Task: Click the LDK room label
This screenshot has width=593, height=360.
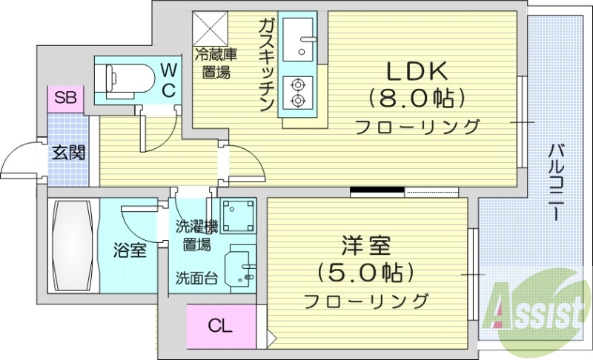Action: (415, 71)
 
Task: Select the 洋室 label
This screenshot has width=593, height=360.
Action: (365, 245)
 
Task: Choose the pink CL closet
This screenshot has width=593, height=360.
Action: (220, 324)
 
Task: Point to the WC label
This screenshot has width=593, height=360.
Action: (168, 81)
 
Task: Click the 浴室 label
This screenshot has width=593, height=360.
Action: (130, 250)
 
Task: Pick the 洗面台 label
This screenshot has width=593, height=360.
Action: (196, 279)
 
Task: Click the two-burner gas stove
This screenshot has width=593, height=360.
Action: (298, 91)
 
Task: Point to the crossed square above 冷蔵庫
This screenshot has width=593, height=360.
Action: (211, 29)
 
